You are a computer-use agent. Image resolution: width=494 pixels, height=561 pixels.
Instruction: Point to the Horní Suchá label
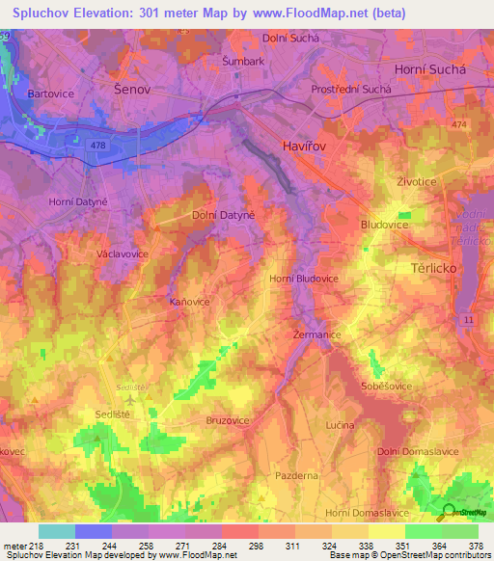point(431,70)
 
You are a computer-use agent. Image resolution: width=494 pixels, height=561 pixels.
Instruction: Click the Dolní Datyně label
point(223,215)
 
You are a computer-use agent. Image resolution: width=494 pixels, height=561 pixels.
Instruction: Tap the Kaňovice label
point(189,301)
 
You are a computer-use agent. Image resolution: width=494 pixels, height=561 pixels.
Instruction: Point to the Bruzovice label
point(229,420)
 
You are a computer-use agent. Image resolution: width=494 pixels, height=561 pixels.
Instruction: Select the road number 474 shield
point(457,125)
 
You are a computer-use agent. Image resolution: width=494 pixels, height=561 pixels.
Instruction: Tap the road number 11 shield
point(468,317)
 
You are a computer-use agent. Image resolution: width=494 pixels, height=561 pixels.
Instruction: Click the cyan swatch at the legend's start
point(57,531)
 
